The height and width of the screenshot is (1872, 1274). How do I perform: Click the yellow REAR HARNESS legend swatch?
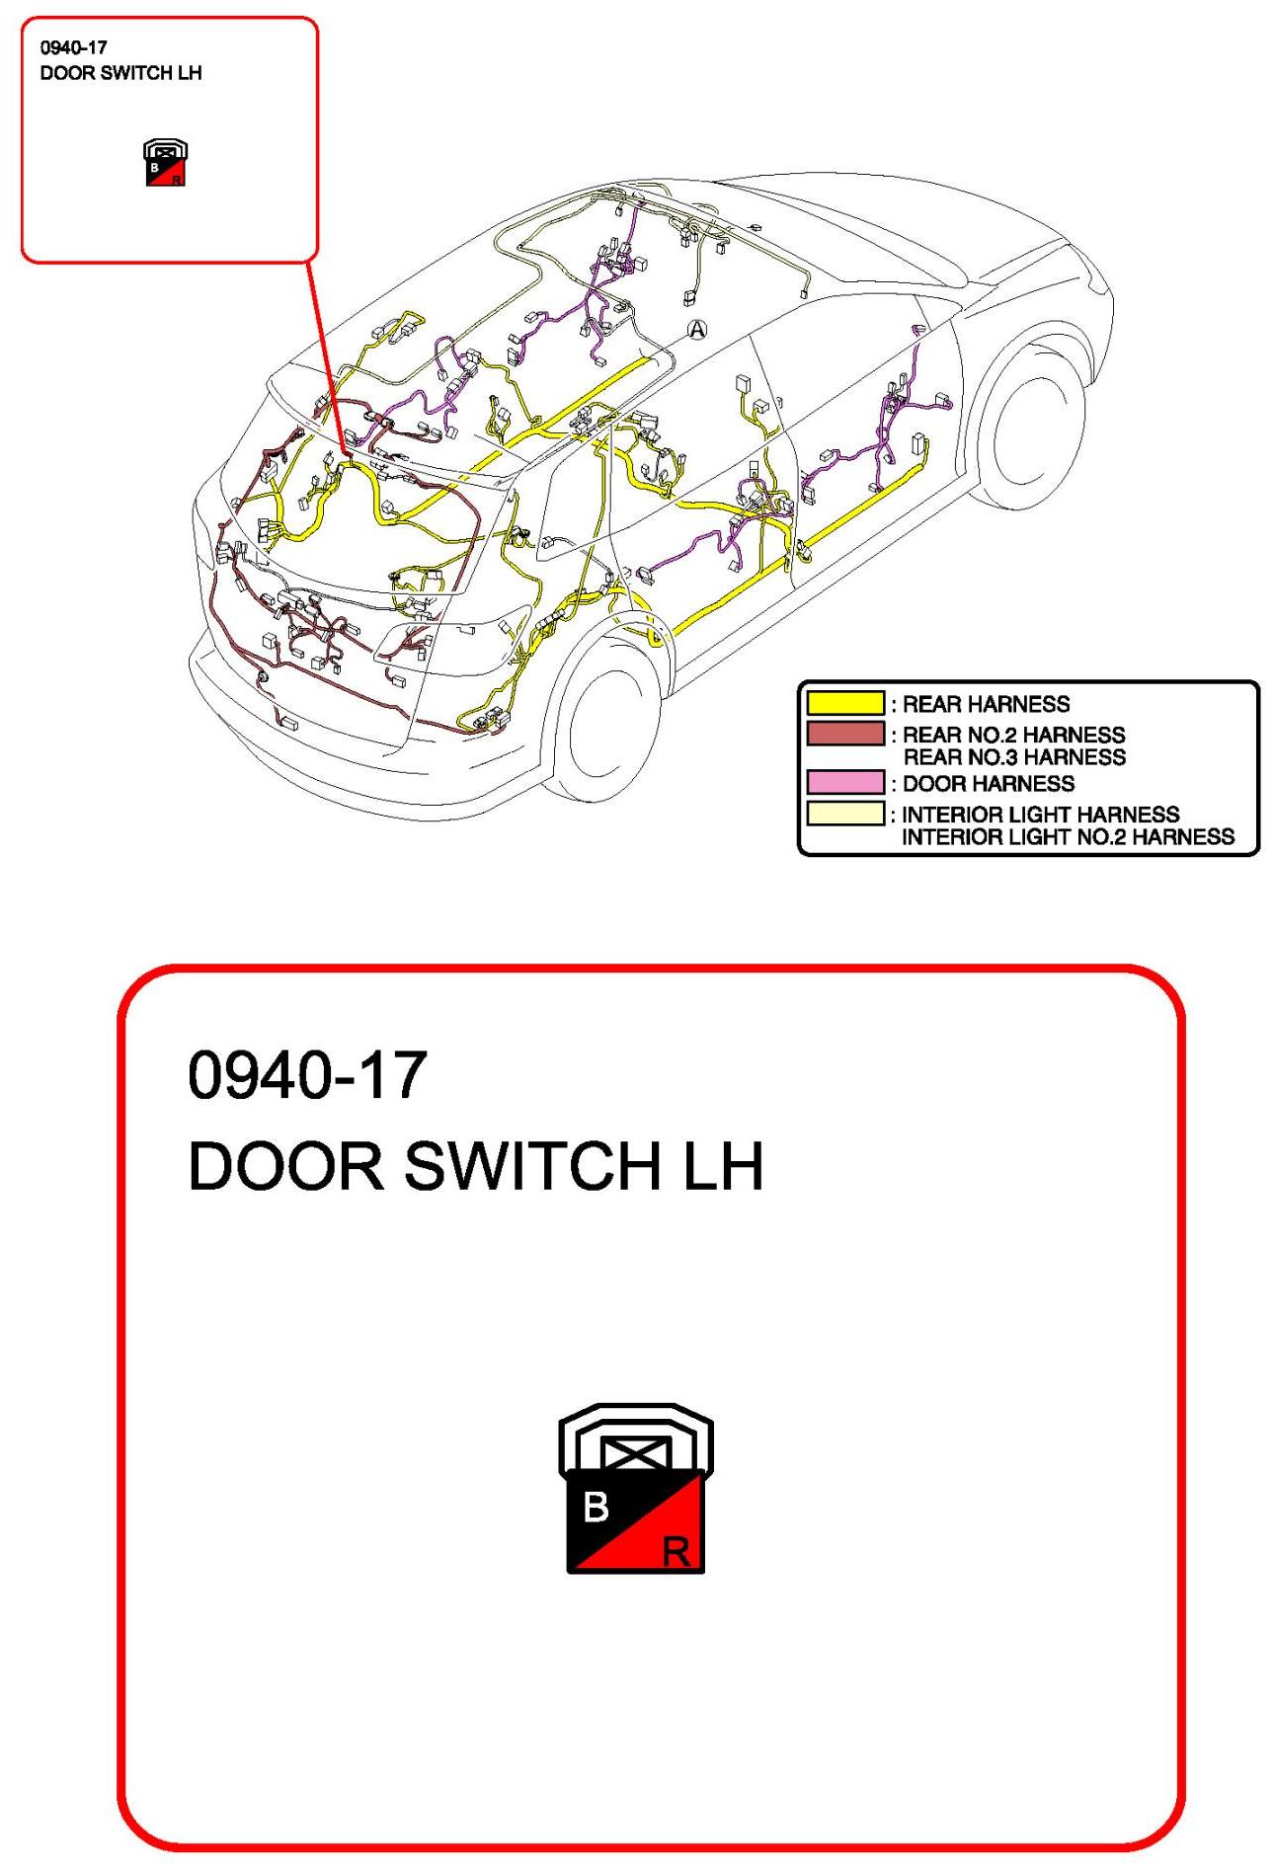845,703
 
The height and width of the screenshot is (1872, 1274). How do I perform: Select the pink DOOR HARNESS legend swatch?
845,782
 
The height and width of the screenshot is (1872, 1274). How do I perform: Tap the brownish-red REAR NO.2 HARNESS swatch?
845,734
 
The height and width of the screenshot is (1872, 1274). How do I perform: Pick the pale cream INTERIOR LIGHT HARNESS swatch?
845,814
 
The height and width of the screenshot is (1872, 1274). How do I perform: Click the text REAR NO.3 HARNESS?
1014,757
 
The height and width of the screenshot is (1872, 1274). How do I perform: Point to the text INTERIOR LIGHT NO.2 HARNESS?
1068,837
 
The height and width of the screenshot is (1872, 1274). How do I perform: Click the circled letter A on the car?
697,330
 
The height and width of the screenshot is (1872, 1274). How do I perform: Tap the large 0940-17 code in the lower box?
307,1075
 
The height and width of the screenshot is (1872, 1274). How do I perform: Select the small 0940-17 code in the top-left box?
74,47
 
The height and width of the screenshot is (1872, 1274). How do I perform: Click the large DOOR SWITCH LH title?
475,1166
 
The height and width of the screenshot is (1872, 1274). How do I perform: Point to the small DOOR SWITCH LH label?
120,73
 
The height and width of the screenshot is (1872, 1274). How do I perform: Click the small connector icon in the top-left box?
165,163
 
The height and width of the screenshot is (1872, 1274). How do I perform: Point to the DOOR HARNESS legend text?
989,784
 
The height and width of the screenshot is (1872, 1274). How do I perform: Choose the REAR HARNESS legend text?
986,704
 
